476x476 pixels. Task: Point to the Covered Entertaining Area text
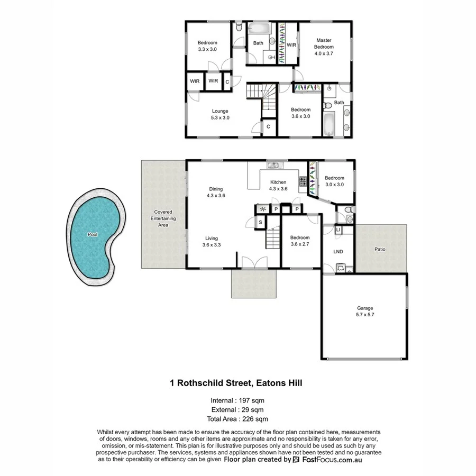pos(163,218)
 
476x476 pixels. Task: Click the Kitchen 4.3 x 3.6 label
pos(278,185)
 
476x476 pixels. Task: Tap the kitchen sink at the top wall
pos(273,165)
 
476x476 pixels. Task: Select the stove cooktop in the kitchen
pos(304,181)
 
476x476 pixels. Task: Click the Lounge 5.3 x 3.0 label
pos(220,114)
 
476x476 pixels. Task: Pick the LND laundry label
pos(338,251)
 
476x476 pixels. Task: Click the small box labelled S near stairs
pos(261,223)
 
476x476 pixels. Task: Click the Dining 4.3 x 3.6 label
pos(216,192)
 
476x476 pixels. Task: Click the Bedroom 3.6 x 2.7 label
pos(300,241)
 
